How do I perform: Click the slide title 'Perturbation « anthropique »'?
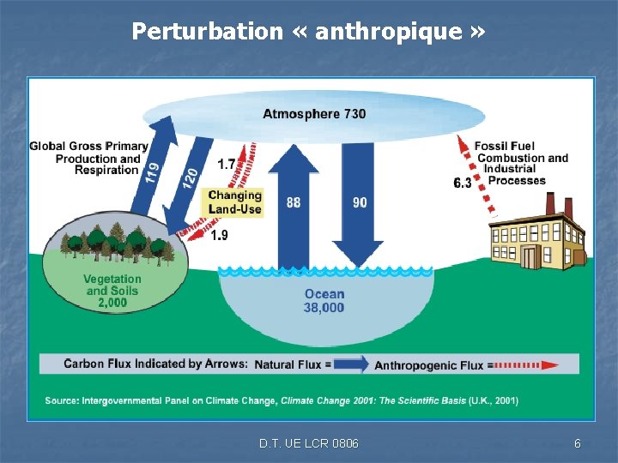tap(308, 33)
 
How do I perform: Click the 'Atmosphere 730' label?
tap(313, 114)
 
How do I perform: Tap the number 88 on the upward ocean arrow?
tap(294, 202)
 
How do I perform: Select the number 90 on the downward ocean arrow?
tap(360, 202)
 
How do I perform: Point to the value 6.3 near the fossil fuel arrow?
tap(462, 183)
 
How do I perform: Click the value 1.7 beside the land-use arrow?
tap(227, 164)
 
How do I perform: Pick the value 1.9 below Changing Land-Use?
tap(219, 236)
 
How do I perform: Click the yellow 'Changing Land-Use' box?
tap(234, 202)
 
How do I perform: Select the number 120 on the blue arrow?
tap(191, 178)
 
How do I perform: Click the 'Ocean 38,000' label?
tap(324, 301)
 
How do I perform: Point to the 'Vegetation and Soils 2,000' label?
tap(112, 291)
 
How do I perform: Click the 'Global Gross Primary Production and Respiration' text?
tap(88, 158)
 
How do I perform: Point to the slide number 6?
tap(578, 443)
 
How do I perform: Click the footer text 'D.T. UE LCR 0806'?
tap(309, 443)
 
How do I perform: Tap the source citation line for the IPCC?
tap(282, 400)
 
